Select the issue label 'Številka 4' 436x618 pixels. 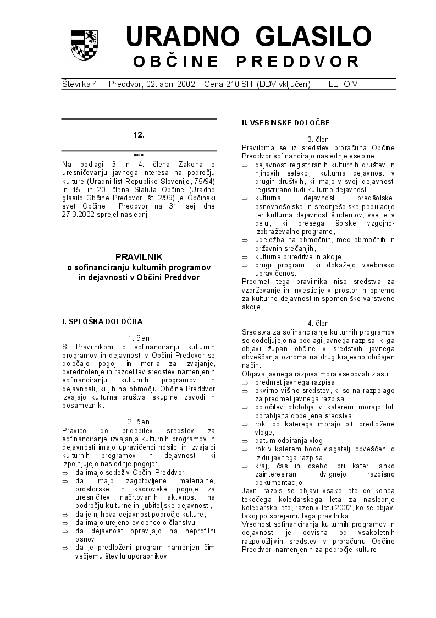[x=80, y=84]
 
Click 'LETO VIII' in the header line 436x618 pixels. [x=346, y=84]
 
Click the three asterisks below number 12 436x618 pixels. [x=139, y=156]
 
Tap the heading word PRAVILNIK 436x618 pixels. [x=139, y=256]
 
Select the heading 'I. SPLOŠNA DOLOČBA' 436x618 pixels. [x=102, y=321]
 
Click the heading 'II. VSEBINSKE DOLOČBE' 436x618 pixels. [x=286, y=123]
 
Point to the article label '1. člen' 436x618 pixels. [x=139, y=338]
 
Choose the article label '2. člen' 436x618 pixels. [x=139, y=422]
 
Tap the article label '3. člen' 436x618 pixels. [x=318, y=140]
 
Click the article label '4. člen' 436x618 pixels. [x=318, y=324]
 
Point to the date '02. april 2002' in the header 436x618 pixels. [x=151, y=84]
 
